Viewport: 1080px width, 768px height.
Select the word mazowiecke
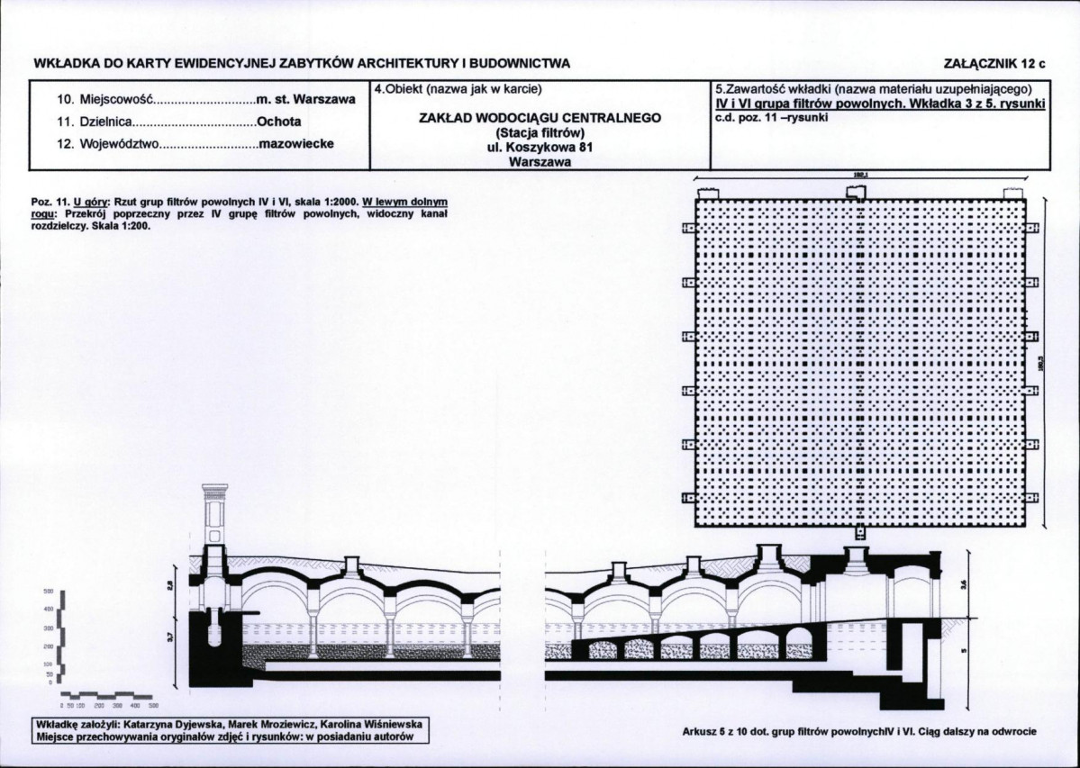pyautogui.click(x=296, y=144)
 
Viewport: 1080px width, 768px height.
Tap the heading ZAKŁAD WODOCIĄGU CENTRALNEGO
pyautogui.click(x=540, y=118)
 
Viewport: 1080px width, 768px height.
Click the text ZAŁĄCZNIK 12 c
pyautogui.click(x=995, y=64)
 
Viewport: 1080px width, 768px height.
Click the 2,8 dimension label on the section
pyautogui.click(x=171, y=586)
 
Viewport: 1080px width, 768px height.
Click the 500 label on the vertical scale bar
pyautogui.click(x=50, y=592)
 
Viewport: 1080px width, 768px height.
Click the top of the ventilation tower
pyautogui.click(x=214, y=490)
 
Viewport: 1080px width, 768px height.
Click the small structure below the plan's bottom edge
pyautogui.click(x=858, y=531)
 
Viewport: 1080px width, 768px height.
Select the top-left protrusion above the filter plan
pyautogui.click(x=705, y=194)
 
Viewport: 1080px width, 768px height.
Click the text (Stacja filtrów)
pyautogui.click(x=540, y=133)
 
